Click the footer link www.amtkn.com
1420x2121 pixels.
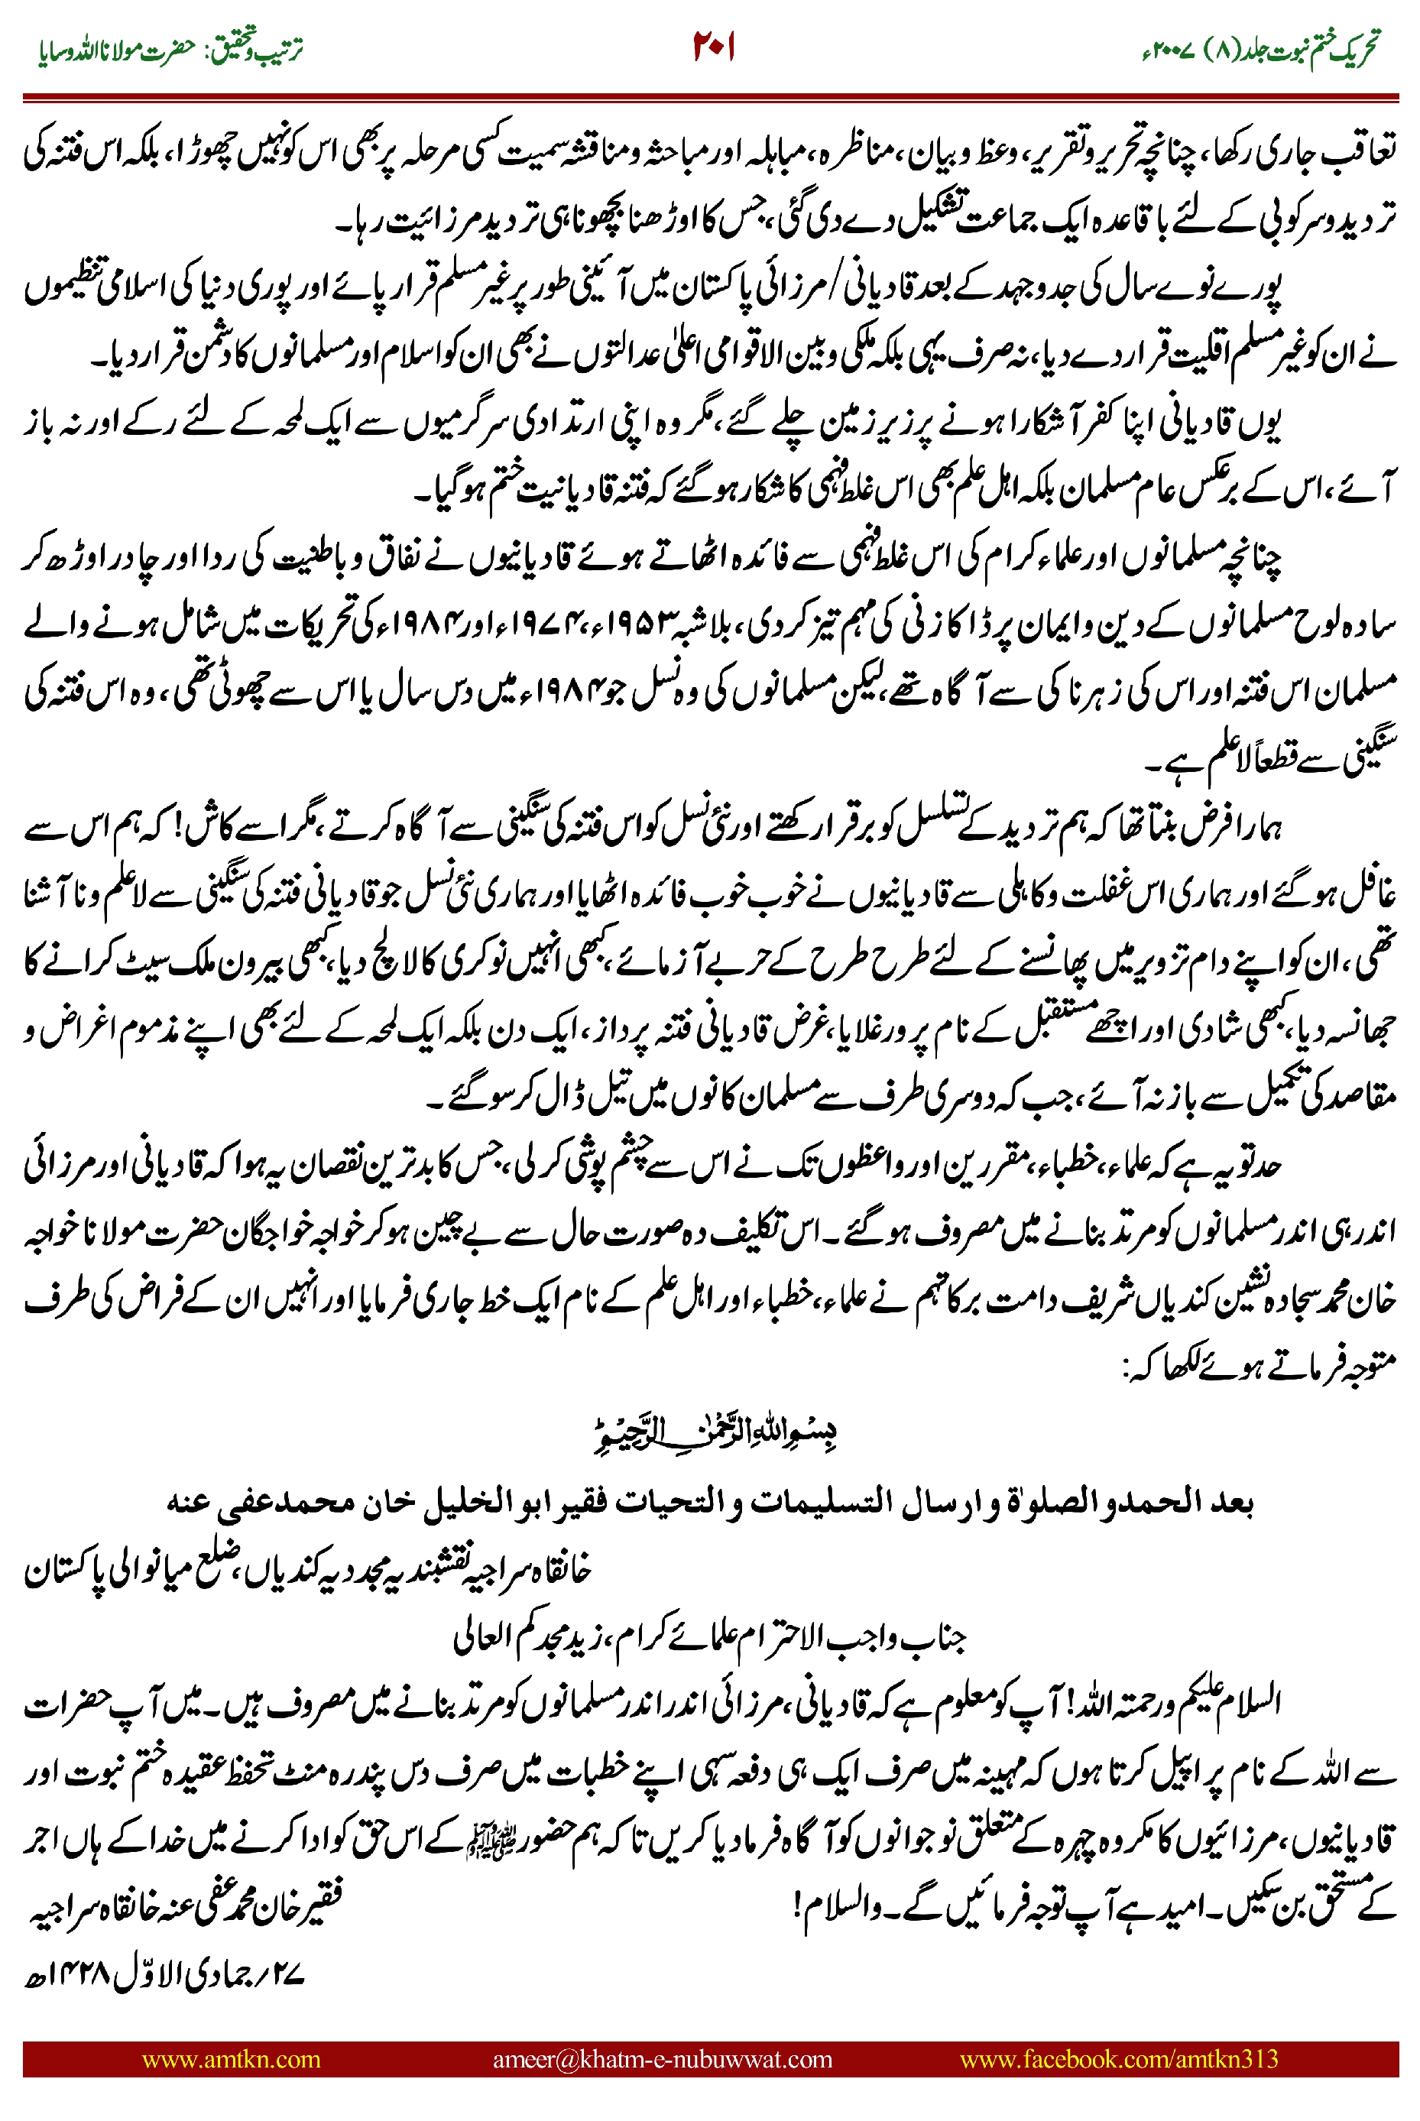click(231, 2058)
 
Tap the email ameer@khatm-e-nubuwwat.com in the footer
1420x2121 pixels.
click(662, 2058)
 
